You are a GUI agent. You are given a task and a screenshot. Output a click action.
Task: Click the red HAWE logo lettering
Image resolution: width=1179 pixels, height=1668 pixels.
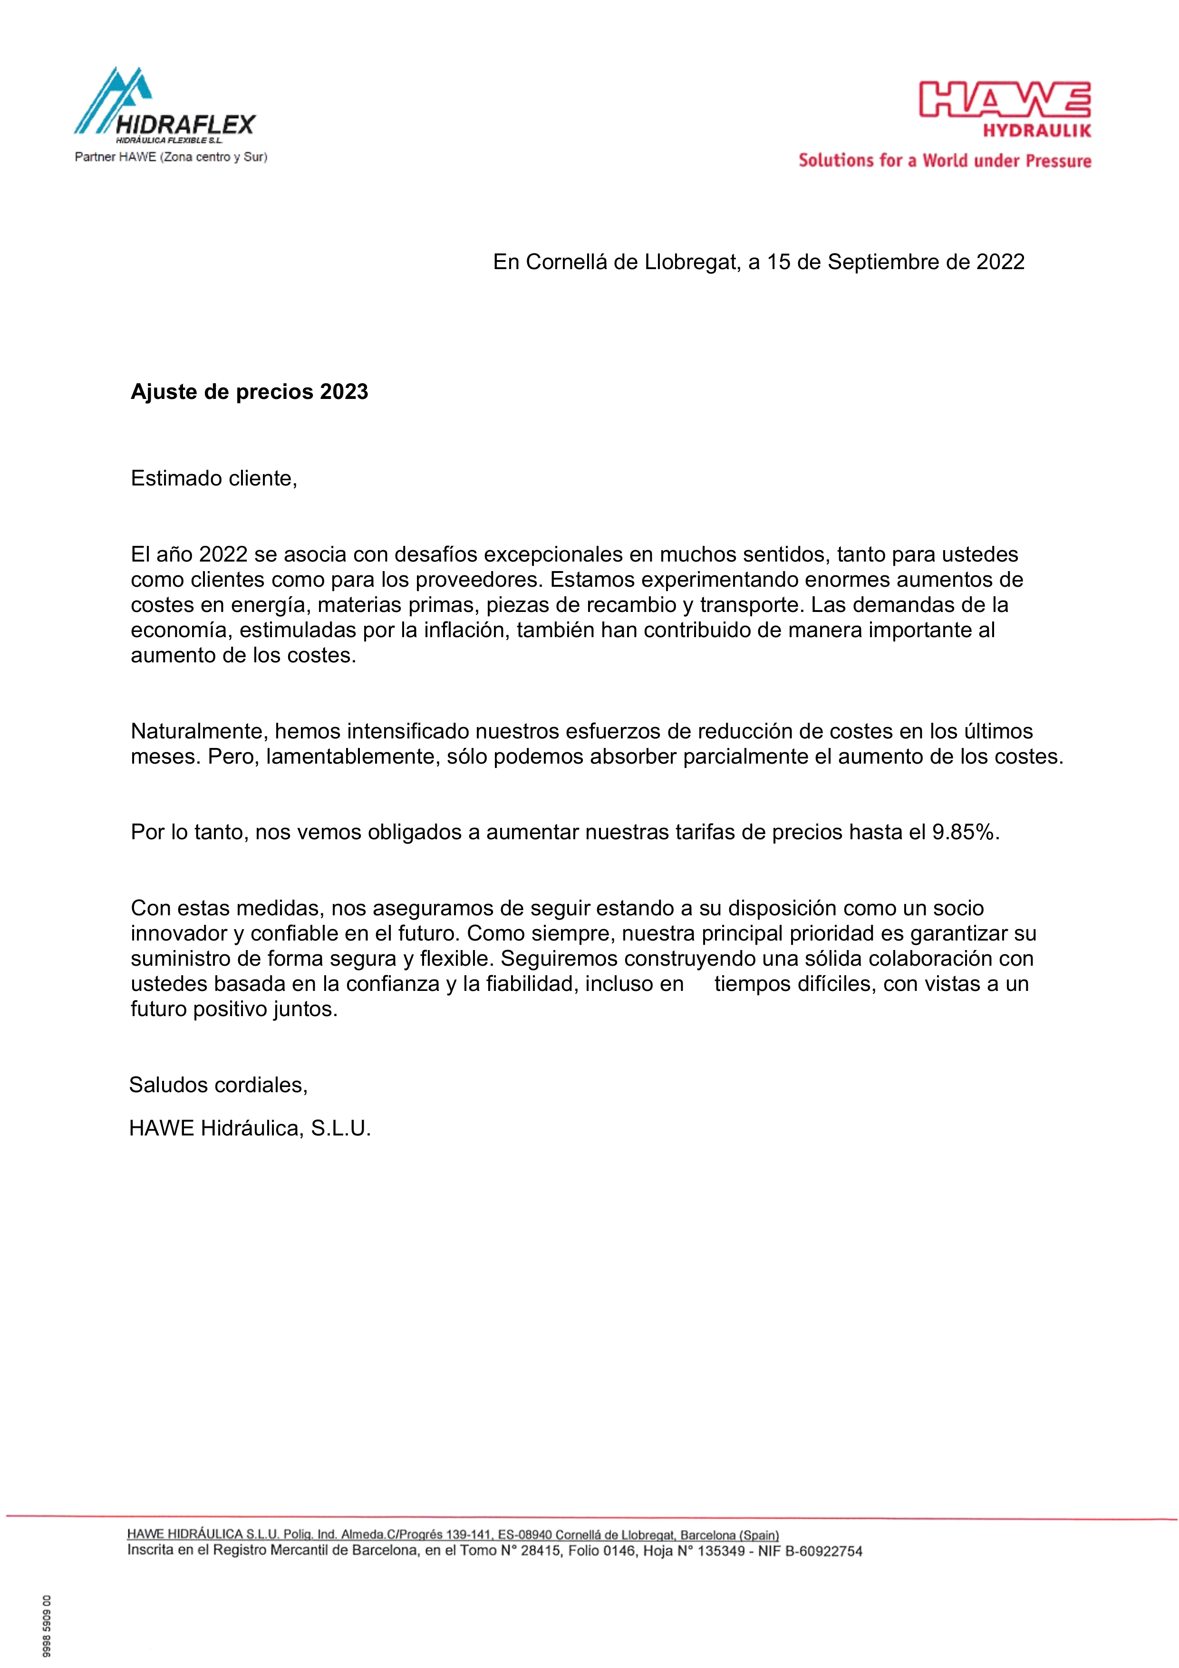pos(1005,99)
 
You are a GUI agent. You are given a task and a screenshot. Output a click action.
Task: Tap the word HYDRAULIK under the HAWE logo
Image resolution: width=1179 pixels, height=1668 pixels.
pos(1037,131)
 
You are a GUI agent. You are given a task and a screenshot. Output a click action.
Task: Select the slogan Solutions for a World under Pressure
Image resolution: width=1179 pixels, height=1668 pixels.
pos(944,161)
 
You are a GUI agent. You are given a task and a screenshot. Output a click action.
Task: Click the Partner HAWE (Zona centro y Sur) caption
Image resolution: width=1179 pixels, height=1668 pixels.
pos(171,157)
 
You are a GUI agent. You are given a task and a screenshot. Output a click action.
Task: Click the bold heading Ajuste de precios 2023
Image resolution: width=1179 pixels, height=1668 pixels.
pos(249,392)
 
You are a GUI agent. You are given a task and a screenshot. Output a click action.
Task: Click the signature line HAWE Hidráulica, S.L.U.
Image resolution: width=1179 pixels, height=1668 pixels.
pos(250,1128)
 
